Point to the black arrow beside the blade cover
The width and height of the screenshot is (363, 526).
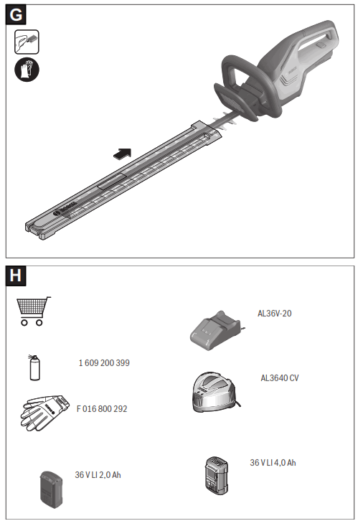(123, 153)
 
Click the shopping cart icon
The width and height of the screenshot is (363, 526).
(33, 311)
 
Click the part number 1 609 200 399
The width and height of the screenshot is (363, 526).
(104, 363)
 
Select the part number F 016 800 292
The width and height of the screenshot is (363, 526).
(103, 409)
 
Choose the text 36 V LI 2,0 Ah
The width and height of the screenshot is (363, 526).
(98, 475)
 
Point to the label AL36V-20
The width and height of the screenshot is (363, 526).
(275, 314)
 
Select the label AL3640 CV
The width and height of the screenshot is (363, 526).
(280, 377)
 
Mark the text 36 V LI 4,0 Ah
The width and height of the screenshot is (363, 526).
(273, 463)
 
